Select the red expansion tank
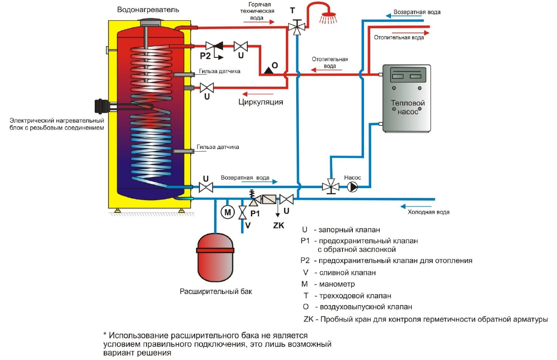215,257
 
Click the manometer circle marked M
228,212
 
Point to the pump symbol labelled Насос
352,187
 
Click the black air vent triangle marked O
268,70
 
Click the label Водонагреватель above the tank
148,10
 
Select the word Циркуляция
261,102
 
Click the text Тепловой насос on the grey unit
408,107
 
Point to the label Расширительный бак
216,291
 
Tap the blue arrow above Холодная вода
416,206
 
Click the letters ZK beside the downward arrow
278,225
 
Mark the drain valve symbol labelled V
242,212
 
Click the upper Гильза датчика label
219,71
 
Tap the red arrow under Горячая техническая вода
259,22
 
